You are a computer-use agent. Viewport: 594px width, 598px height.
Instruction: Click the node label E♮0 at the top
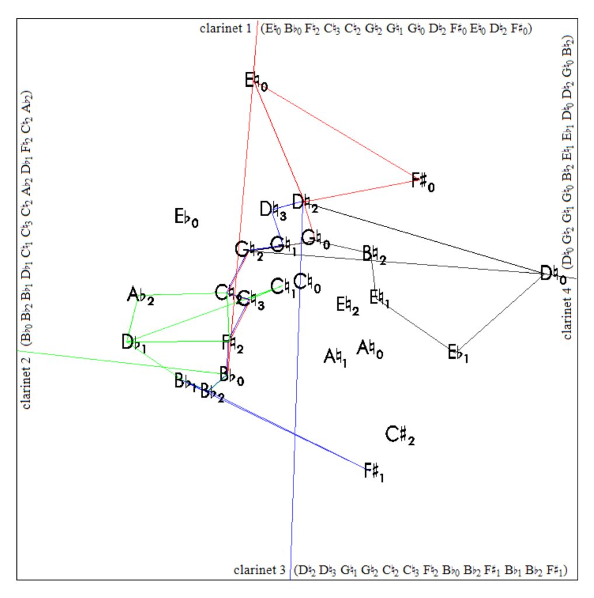pyautogui.click(x=256, y=81)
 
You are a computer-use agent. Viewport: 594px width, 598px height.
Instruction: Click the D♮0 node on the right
pyautogui.click(x=552, y=274)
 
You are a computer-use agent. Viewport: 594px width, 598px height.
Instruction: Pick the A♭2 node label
pyautogui.click(x=140, y=297)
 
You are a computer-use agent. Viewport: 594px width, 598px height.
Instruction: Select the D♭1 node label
pyautogui.click(x=134, y=343)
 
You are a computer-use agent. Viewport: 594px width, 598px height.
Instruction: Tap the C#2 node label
pyautogui.click(x=400, y=435)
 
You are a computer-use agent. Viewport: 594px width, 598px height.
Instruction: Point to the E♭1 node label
pyautogui.click(x=457, y=353)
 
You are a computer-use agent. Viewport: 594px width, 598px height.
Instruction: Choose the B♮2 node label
pyautogui.click(x=373, y=255)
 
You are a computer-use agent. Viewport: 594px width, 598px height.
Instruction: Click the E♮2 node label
pyautogui.click(x=347, y=305)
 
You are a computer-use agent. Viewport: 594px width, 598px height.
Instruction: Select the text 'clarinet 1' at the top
pyautogui.click(x=225, y=28)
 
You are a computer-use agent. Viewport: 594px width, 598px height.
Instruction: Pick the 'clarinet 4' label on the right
pyautogui.click(x=568, y=310)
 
